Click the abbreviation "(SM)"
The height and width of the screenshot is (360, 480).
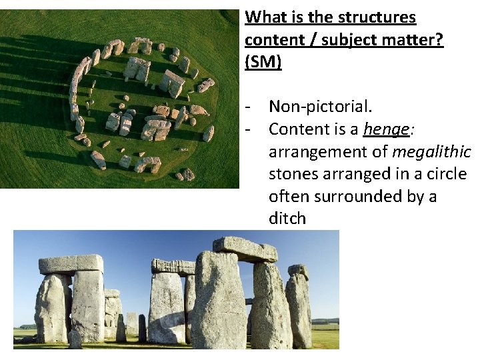[263, 62]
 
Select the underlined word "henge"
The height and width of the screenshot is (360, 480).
[386, 129]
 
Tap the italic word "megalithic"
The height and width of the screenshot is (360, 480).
[431, 151]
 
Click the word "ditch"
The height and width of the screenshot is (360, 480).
[287, 219]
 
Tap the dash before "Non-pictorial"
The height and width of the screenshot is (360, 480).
[248, 106]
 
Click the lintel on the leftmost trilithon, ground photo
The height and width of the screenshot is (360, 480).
[71, 264]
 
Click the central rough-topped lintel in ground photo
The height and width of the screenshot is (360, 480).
[173, 266]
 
